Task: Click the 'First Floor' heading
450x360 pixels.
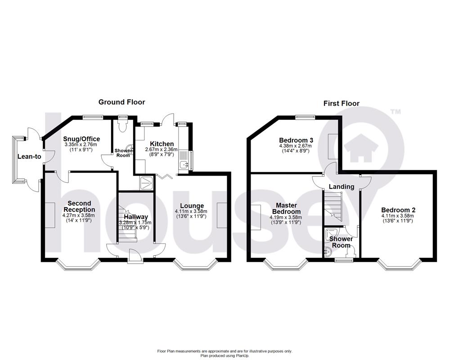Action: [x=342, y=103]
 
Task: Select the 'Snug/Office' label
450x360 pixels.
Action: [x=82, y=139]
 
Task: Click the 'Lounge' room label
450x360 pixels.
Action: [x=193, y=206]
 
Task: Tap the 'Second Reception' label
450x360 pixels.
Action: [x=79, y=207]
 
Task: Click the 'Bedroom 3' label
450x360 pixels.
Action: [x=296, y=140]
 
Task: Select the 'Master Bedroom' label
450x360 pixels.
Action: [x=286, y=208]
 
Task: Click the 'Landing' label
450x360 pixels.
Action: [x=342, y=186]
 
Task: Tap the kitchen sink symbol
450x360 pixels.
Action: [x=183, y=165]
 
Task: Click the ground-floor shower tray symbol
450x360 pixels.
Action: [x=147, y=182]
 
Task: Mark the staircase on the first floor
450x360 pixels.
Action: [x=333, y=205]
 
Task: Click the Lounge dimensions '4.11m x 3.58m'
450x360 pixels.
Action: [x=193, y=212]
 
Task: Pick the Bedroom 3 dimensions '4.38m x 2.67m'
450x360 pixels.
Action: [x=296, y=146]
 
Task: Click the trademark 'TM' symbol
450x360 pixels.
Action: [x=395, y=112]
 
